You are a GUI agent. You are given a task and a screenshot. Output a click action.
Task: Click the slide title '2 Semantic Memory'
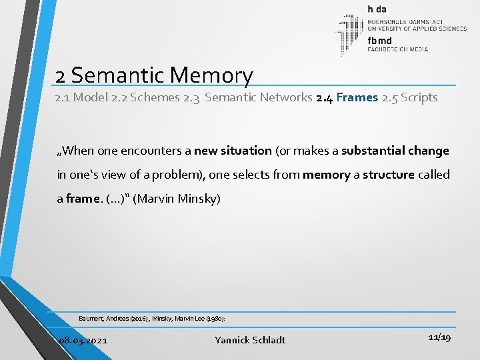tap(154, 75)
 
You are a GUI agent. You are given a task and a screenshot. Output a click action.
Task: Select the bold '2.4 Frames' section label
tap(347, 97)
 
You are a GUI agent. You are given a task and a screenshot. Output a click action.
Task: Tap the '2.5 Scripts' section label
tap(409, 97)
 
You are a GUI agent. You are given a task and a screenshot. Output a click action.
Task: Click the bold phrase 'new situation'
tap(233, 151)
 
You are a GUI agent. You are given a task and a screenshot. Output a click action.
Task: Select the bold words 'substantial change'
tap(395, 151)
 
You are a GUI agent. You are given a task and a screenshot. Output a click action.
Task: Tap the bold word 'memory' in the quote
tap(326, 175)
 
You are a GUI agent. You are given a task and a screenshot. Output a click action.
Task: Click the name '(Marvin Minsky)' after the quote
tap(177, 199)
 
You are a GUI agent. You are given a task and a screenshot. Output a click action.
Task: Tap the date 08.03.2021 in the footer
tap(83, 340)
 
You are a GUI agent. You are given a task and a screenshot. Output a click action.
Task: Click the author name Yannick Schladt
tap(250, 340)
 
